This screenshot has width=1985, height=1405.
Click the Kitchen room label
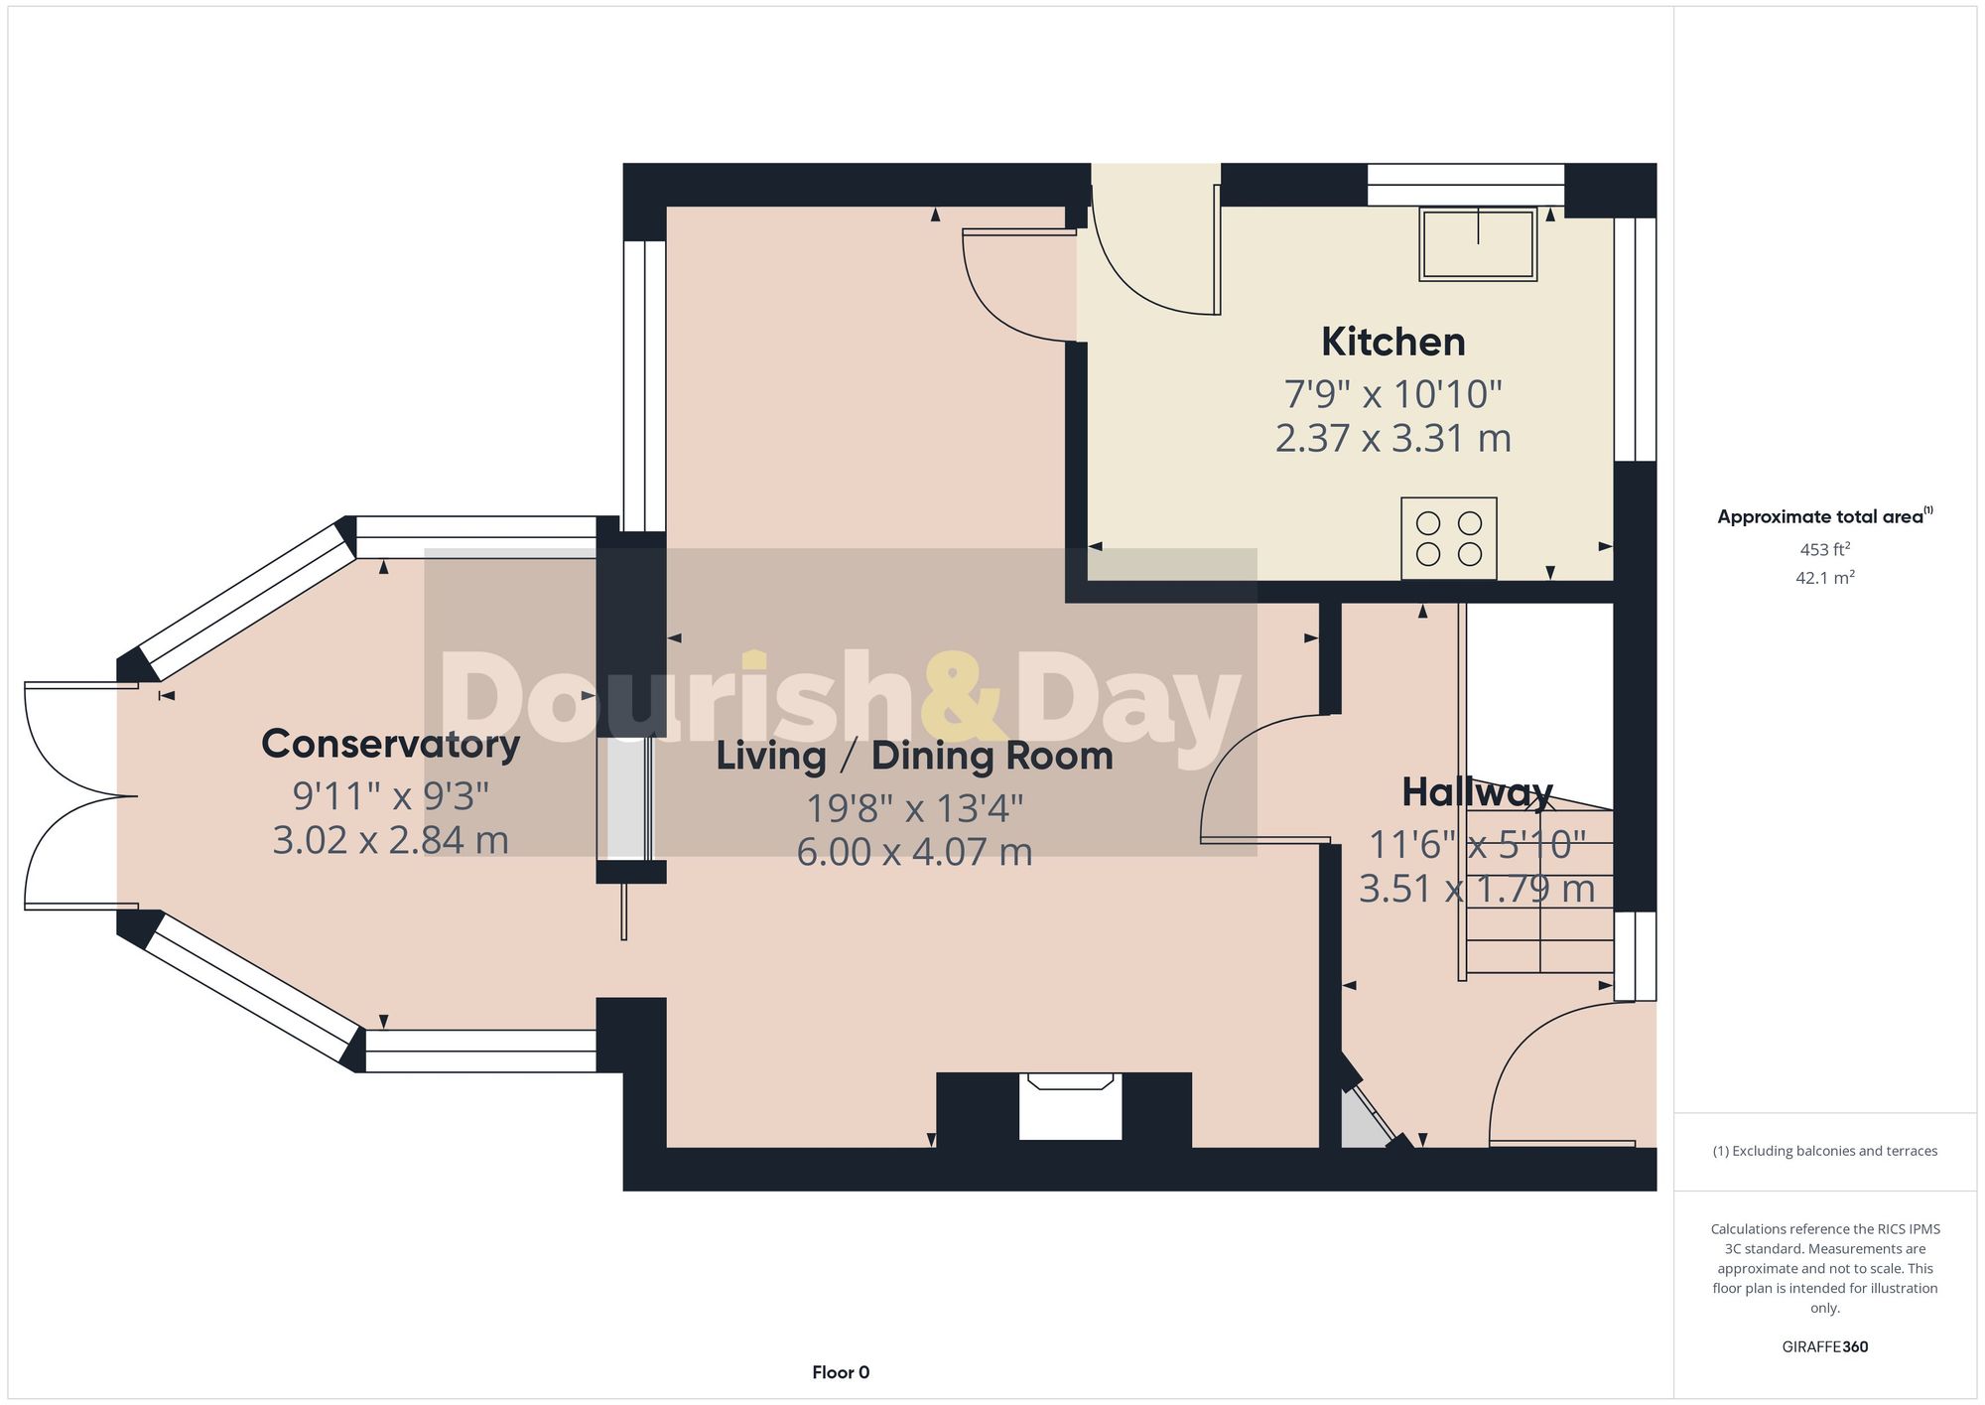1392,343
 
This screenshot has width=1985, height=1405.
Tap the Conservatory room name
390,744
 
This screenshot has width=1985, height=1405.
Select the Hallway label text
1477,792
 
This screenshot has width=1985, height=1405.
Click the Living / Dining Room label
914,757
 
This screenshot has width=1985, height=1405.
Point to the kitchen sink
1478,244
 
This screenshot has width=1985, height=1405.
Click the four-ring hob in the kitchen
1449,538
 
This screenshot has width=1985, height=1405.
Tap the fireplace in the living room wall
1070,1107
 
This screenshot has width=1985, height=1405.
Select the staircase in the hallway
1538,894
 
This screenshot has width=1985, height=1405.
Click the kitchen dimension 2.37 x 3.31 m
1392,438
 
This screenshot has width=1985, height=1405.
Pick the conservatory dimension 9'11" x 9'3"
390,795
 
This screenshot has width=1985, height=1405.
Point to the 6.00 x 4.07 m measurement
914,852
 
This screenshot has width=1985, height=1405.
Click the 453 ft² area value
1824,549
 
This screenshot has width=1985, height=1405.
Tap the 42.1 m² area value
1824,577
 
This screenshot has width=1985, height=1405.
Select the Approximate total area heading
1824,516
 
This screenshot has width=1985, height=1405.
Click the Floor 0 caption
841,1372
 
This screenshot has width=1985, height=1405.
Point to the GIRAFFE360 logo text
1824,1346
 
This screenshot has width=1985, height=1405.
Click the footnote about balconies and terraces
1824,1151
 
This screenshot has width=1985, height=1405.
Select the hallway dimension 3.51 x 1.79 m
1477,889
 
